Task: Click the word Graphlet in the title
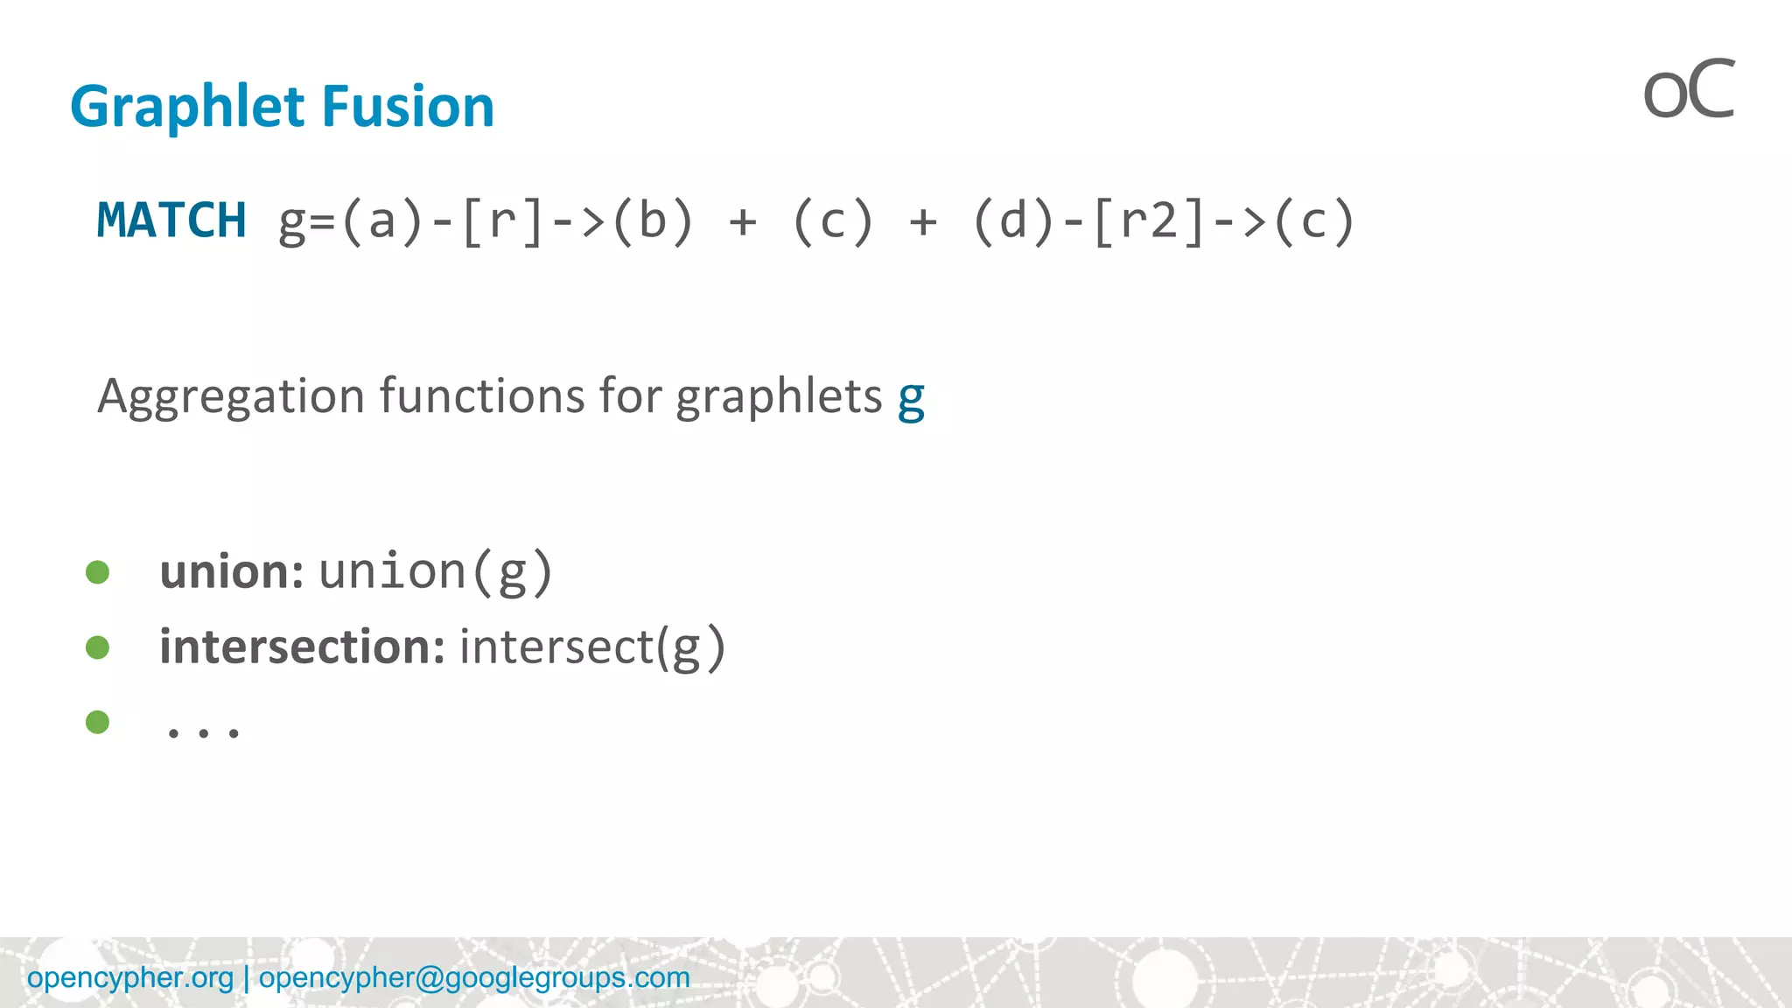187,107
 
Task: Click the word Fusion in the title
408,107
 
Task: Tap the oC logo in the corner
1688,91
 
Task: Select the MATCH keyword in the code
171,220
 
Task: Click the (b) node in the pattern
652,220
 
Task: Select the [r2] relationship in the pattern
1150,220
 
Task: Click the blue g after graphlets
911,399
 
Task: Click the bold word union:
231,572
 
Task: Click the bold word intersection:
302,647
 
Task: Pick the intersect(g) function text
592,647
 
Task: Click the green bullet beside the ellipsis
98,722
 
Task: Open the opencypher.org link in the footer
130,977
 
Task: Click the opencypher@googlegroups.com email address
474,977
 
